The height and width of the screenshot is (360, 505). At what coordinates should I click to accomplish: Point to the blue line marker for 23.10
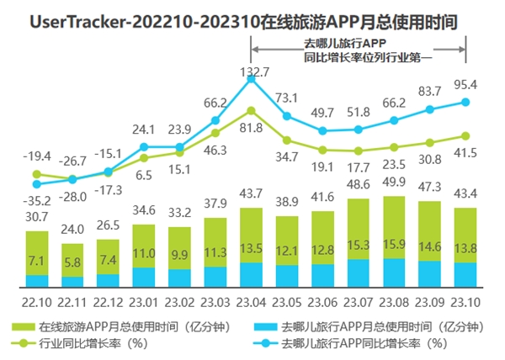[466, 103]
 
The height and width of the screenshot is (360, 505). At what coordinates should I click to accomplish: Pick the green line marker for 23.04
[252, 109]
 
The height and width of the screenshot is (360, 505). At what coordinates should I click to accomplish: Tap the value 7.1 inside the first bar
[36, 260]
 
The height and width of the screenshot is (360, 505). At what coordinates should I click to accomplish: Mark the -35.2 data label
[35, 200]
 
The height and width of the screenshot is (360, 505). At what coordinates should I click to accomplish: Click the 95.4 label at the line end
[467, 85]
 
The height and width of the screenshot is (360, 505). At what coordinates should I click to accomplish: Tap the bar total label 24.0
[72, 227]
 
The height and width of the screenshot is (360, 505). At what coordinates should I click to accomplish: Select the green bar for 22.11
[72, 257]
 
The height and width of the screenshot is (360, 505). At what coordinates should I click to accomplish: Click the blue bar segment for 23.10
[466, 276]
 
